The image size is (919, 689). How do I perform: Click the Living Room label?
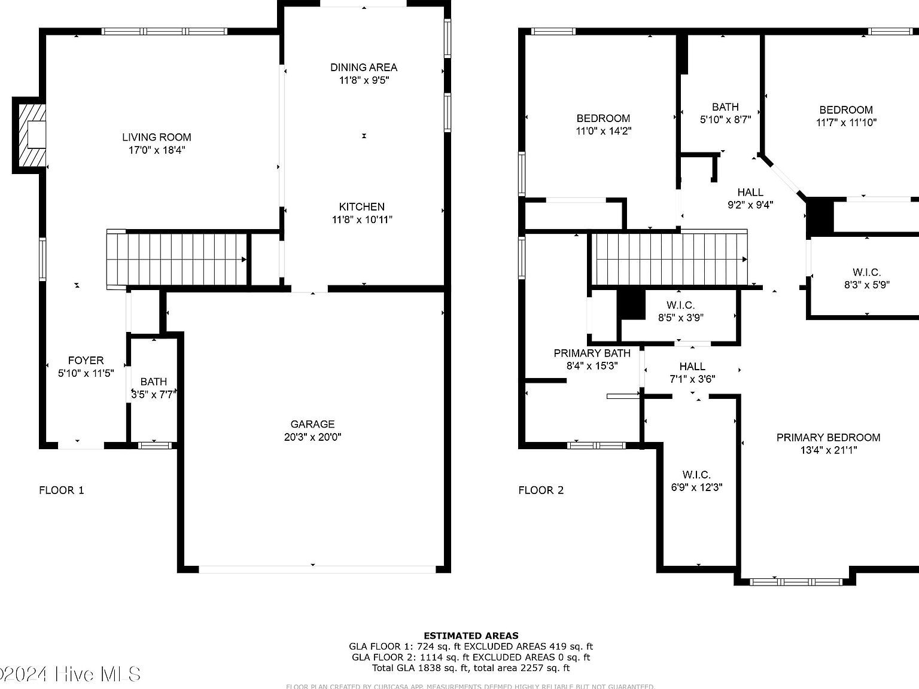pos(157,137)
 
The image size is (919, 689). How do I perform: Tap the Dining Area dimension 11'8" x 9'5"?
pos(364,80)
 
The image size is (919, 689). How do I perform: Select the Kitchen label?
pos(361,207)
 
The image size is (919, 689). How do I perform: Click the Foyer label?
pos(86,360)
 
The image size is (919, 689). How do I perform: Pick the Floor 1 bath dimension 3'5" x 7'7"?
pos(154,394)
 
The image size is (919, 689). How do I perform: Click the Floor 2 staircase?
pos(669,260)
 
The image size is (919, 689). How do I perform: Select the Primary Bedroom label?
pos(828,437)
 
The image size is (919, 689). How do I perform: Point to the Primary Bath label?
pos(592,353)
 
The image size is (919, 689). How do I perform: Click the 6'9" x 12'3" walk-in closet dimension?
pos(696,487)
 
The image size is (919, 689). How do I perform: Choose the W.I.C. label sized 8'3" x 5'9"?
pos(866,272)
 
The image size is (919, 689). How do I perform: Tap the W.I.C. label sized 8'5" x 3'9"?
pos(680,305)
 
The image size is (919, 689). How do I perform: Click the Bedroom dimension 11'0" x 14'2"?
pos(603,130)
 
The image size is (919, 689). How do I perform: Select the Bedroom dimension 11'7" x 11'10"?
pos(846,122)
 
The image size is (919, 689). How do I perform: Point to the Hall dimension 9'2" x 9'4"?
pos(750,205)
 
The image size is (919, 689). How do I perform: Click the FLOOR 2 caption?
pos(541,490)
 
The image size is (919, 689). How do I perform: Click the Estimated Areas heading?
pos(471,636)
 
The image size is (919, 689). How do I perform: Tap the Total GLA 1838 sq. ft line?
pos(471,668)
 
